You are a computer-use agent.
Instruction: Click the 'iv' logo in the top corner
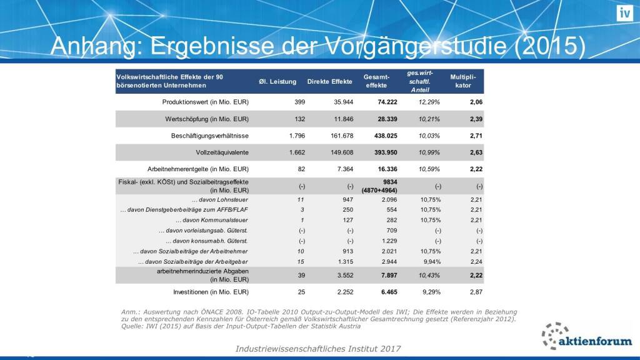click(x=624, y=12)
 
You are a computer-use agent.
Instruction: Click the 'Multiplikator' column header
click(x=463, y=81)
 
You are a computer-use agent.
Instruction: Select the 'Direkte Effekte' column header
click(x=329, y=82)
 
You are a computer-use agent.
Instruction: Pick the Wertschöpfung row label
click(x=207, y=118)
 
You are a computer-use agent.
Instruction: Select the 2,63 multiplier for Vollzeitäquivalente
click(x=477, y=152)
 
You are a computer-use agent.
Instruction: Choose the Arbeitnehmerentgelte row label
click(x=198, y=169)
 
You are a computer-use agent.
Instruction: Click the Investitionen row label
click(x=211, y=292)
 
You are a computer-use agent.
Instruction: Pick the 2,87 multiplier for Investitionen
click(x=477, y=292)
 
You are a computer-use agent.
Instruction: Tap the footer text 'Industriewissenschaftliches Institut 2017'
click(x=319, y=348)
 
